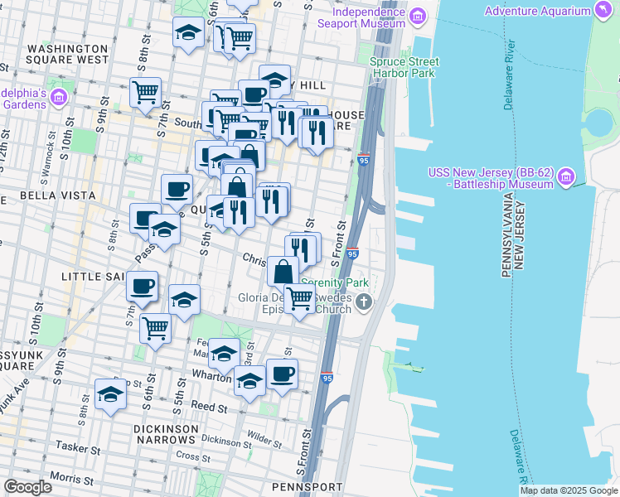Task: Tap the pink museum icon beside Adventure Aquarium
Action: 604,11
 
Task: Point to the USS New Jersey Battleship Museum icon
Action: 566,177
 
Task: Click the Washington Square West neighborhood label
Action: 67,54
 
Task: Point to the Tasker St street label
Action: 77,446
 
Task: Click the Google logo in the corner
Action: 27,487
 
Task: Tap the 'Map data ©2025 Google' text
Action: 568,490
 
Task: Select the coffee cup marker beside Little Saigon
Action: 142,286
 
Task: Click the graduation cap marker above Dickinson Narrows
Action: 110,394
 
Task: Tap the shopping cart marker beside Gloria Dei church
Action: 299,298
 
